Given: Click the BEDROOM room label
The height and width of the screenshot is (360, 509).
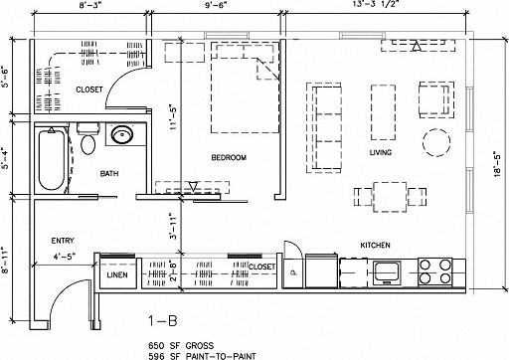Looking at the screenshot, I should (x=229, y=158).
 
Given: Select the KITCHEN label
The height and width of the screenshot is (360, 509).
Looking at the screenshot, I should (x=374, y=245).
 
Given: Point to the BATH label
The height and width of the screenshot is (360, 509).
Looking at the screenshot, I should (x=109, y=174).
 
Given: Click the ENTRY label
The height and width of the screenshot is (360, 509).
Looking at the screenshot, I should (x=64, y=241).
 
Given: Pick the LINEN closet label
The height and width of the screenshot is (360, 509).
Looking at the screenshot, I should (x=116, y=272).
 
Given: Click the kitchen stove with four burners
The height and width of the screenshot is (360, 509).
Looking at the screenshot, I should (x=434, y=270).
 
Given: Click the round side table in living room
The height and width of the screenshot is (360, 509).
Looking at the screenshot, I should (x=435, y=138).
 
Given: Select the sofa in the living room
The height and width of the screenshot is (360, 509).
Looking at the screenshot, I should (x=325, y=124).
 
